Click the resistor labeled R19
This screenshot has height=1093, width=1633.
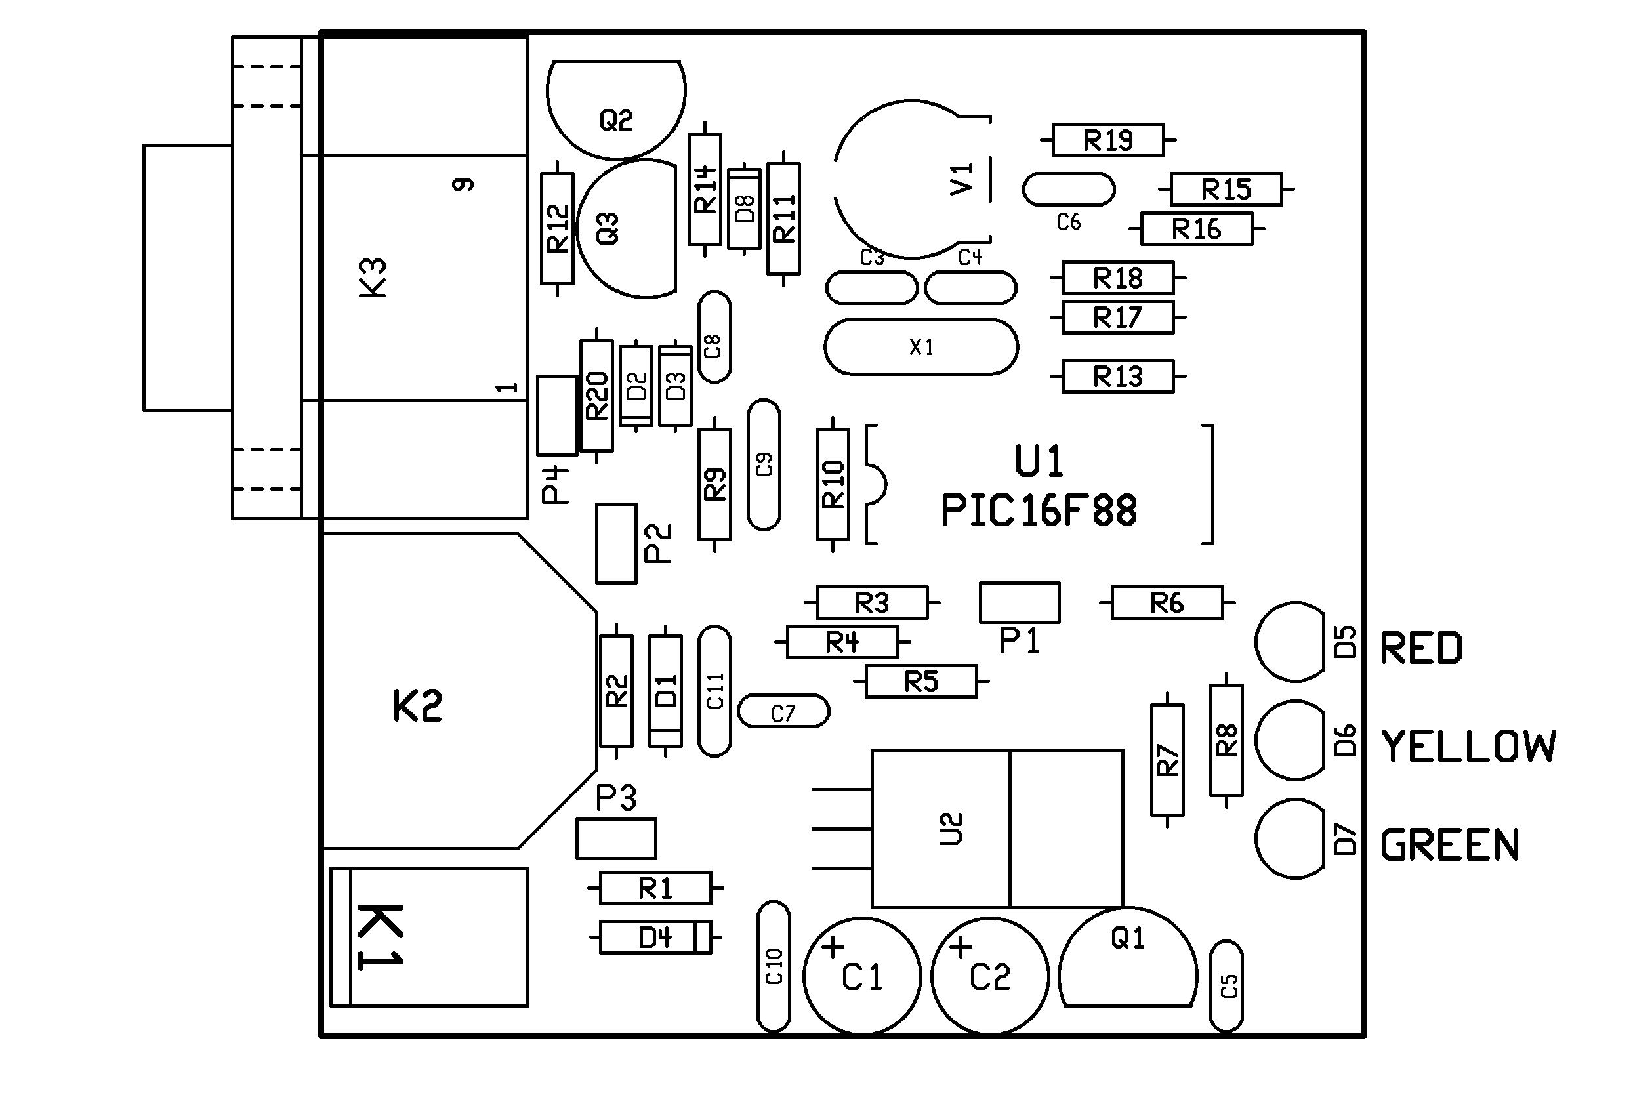1107,140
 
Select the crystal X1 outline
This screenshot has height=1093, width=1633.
920,347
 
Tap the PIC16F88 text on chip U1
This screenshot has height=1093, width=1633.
1039,511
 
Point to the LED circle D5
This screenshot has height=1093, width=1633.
1289,642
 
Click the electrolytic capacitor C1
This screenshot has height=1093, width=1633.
862,975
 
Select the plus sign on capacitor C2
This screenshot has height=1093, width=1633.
961,947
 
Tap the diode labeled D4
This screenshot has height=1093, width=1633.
655,938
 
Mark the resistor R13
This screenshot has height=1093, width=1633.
1117,377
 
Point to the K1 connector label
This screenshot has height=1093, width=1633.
379,937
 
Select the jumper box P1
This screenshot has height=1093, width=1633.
1019,603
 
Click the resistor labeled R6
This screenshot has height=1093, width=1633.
1167,602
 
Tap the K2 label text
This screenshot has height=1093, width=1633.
417,706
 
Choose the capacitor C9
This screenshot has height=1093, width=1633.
764,465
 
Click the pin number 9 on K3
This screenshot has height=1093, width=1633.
463,184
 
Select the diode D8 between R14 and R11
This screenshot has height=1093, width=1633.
745,209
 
